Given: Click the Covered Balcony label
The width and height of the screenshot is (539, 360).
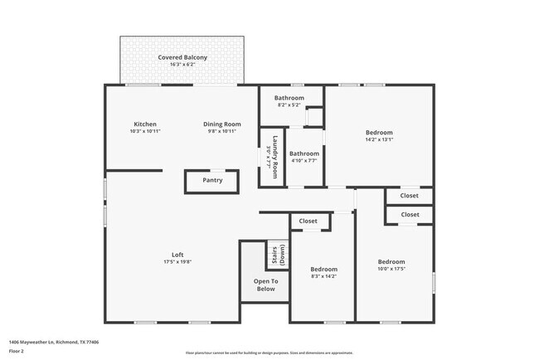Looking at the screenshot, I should point(183,57).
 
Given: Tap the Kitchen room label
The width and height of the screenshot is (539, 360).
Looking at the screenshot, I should point(145,124).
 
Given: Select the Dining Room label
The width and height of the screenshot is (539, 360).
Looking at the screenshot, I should point(221,124).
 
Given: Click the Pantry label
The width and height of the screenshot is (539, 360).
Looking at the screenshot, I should point(212,180).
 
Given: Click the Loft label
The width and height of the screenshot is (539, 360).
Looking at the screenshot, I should point(177,255).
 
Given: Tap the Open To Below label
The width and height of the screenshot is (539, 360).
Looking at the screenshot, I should point(265,285).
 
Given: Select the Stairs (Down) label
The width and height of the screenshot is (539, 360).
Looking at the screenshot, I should point(275,255).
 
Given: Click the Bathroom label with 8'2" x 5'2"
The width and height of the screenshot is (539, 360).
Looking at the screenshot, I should point(289,98).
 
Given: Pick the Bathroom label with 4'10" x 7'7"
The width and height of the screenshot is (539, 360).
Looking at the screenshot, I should point(304,153).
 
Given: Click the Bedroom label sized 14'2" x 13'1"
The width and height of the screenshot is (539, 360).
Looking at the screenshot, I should point(379,133).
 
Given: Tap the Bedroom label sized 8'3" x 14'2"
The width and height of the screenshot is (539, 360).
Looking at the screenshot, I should point(323,270).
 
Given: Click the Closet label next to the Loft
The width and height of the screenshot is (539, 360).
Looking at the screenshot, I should point(308,221).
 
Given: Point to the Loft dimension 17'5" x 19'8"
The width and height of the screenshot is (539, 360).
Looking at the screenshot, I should point(177,262).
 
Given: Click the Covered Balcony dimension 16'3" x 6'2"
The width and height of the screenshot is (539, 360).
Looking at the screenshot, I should point(183,64).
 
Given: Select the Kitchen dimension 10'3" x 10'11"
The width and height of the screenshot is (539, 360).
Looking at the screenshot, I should point(145,131).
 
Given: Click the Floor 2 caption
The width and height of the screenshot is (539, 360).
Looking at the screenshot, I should point(17,351).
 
